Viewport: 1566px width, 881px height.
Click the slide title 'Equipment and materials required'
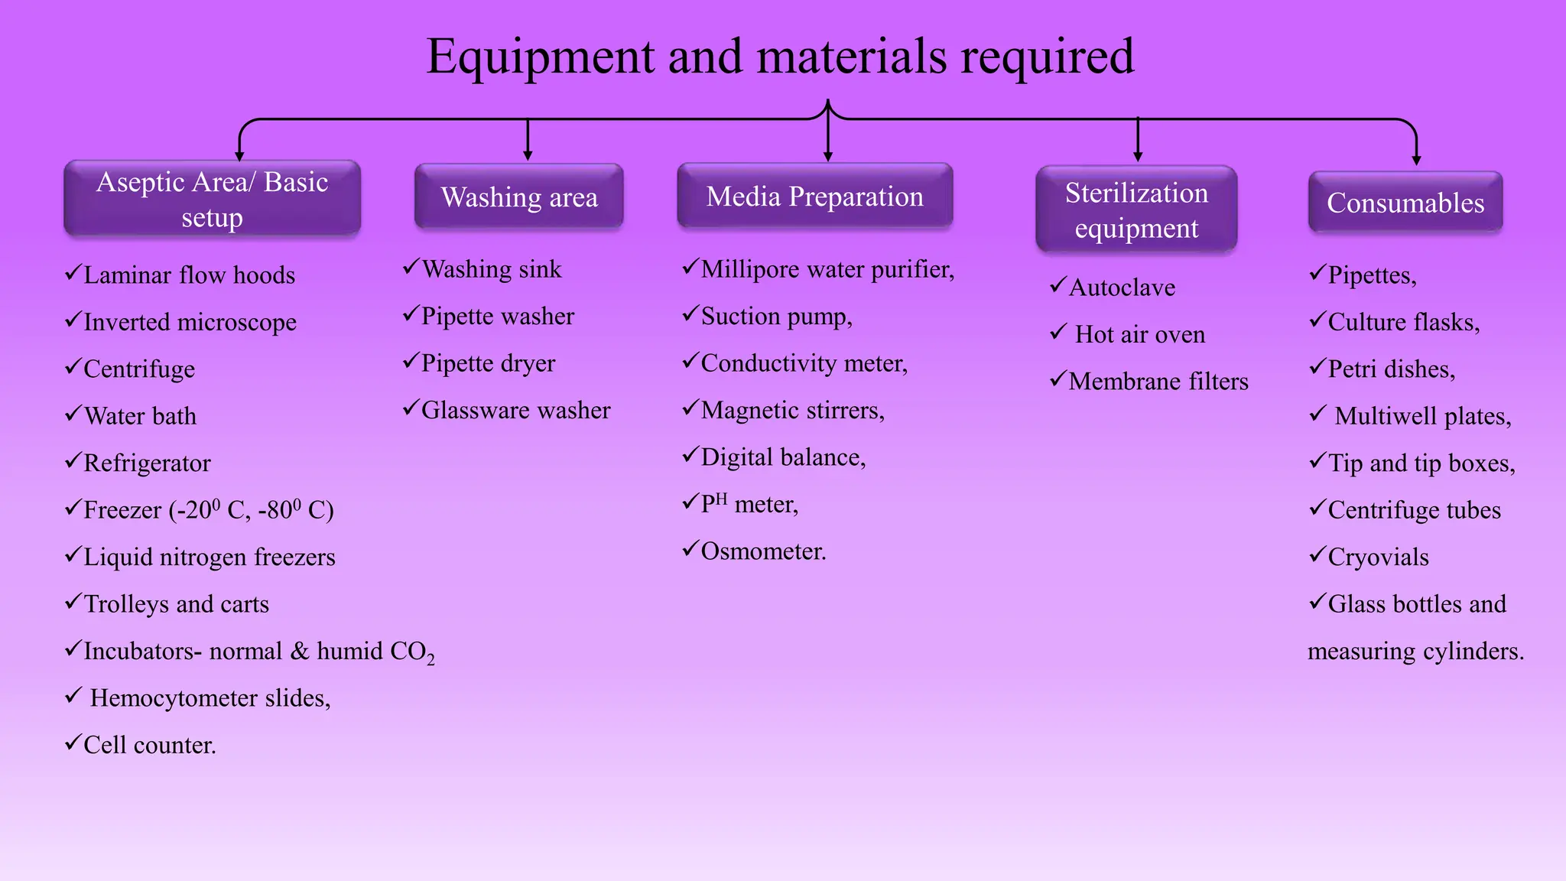click(x=780, y=57)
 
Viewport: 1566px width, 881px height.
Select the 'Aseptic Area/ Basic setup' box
click(x=212, y=199)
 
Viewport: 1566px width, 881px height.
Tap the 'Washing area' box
click(x=519, y=197)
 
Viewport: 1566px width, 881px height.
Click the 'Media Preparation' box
click(x=814, y=197)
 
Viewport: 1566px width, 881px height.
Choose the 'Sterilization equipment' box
click(x=1136, y=210)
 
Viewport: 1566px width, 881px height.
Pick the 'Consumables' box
click(x=1405, y=203)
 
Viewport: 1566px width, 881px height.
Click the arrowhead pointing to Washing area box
click(x=528, y=155)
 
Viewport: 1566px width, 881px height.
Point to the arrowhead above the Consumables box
click(x=1416, y=160)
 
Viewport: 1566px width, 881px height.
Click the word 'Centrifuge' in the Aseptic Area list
click(x=139, y=369)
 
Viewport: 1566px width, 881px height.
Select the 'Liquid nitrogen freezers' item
click(x=209, y=557)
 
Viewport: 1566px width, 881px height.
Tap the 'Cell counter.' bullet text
click(x=150, y=745)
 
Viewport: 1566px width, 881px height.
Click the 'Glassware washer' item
click(x=515, y=411)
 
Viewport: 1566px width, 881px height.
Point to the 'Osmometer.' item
click(x=763, y=551)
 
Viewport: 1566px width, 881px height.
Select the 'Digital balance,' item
click(x=783, y=457)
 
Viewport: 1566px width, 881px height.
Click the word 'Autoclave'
click(x=1122, y=288)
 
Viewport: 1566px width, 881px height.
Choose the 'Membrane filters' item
click(x=1158, y=382)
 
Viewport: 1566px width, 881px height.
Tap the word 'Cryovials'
click(x=1378, y=558)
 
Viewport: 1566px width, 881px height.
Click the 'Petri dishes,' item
click(x=1391, y=369)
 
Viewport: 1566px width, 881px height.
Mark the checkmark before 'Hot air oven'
click(x=1058, y=332)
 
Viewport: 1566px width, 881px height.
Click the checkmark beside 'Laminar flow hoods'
click(x=73, y=272)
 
